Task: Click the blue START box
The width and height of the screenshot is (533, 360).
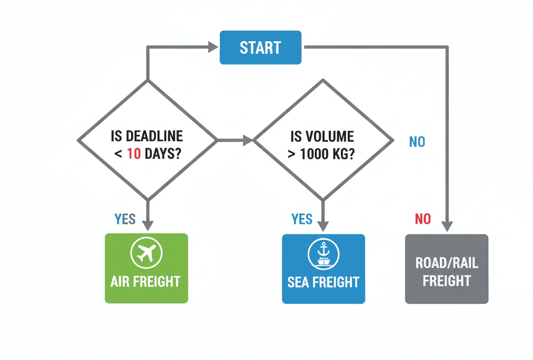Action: click(260, 48)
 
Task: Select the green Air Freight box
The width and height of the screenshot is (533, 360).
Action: click(146, 268)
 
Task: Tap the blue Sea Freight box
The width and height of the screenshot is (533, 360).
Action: click(323, 268)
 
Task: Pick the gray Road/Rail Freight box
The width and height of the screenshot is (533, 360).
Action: click(447, 268)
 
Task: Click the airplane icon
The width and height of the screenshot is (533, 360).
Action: click(146, 253)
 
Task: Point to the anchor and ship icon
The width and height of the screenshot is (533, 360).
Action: click(323, 253)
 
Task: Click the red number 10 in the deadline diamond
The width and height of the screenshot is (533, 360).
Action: click(134, 154)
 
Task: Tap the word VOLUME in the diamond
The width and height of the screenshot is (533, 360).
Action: click(329, 136)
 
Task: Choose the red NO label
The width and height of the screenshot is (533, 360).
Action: click(423, 219)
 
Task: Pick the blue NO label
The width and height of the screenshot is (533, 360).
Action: click(417, 141)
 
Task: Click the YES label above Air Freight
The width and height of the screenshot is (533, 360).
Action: click(125, 219)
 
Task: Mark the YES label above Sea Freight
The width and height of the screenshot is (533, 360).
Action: click(302, 219)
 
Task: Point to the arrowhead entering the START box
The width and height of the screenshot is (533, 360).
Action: click(213, 47)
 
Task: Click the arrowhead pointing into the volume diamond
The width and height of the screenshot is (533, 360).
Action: click(246, 140)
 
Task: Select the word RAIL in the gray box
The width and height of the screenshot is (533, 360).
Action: click(465, 262)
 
